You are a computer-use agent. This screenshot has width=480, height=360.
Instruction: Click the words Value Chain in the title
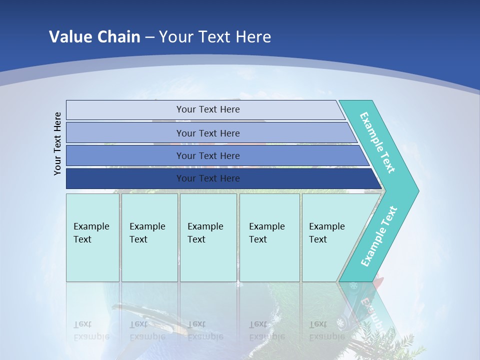click(x=94, y=37)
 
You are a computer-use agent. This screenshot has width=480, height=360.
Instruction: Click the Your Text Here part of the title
click(x=215, y=37)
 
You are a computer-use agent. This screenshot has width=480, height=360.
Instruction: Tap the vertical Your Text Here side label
click(x=58, y=143)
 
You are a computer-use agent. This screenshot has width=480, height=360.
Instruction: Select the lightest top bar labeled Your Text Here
click(x=207, y=109)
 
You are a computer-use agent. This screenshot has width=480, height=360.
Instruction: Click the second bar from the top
click(x=207, y=133)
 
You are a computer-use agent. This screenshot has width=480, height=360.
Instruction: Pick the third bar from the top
click(x=207, y=155)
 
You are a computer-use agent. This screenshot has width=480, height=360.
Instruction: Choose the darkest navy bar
click(x=207, y=178)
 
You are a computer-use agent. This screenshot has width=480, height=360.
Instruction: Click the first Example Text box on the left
click(x=92, y=237)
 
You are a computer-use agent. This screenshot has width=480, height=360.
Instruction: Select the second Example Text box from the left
click(x=149, y=237)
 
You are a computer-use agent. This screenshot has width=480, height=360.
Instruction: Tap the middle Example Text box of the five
click(x=208, y=237)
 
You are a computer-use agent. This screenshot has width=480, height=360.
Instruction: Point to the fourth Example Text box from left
click(x=269, y=237)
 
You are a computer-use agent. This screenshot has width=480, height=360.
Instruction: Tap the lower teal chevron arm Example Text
click(x=378, y=236)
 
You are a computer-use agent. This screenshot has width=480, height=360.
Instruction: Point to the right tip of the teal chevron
click(x=416, y=190)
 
